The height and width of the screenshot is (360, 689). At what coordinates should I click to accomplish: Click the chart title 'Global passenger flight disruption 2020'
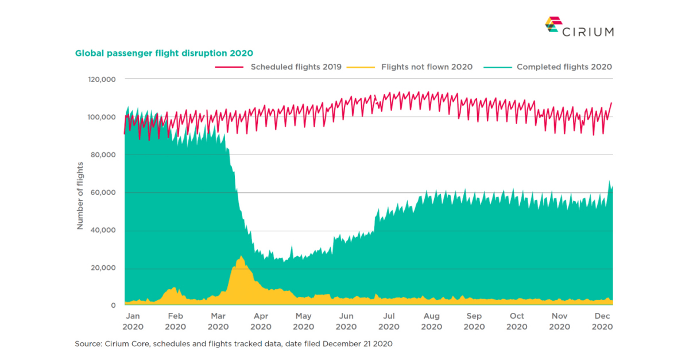point(164,53)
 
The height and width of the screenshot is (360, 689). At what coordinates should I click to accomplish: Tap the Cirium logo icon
point(552,24)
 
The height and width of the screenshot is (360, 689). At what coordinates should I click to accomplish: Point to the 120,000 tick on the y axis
point(102,79)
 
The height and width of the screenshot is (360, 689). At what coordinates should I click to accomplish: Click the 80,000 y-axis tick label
point(104,155)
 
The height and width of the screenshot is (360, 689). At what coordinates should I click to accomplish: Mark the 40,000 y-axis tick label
point(104,231)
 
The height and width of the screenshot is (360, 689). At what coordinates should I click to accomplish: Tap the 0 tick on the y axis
point(113,306)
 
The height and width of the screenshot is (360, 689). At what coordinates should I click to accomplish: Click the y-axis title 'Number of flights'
point(81,196)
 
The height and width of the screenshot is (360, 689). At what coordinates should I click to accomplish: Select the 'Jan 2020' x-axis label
point(133,321)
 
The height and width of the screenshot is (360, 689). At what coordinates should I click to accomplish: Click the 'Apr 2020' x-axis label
point(261,321)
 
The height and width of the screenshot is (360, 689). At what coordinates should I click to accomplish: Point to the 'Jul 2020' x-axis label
point(389,321)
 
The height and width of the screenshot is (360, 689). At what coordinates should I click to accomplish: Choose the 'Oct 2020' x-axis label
point(517,321)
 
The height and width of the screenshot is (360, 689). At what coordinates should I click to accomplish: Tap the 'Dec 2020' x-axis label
point(602,321)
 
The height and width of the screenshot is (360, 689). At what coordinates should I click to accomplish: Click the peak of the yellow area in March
point(241,257)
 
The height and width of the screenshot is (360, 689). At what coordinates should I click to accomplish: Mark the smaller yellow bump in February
point(173,288)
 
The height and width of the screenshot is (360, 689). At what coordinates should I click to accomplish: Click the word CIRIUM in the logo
point(588,31)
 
